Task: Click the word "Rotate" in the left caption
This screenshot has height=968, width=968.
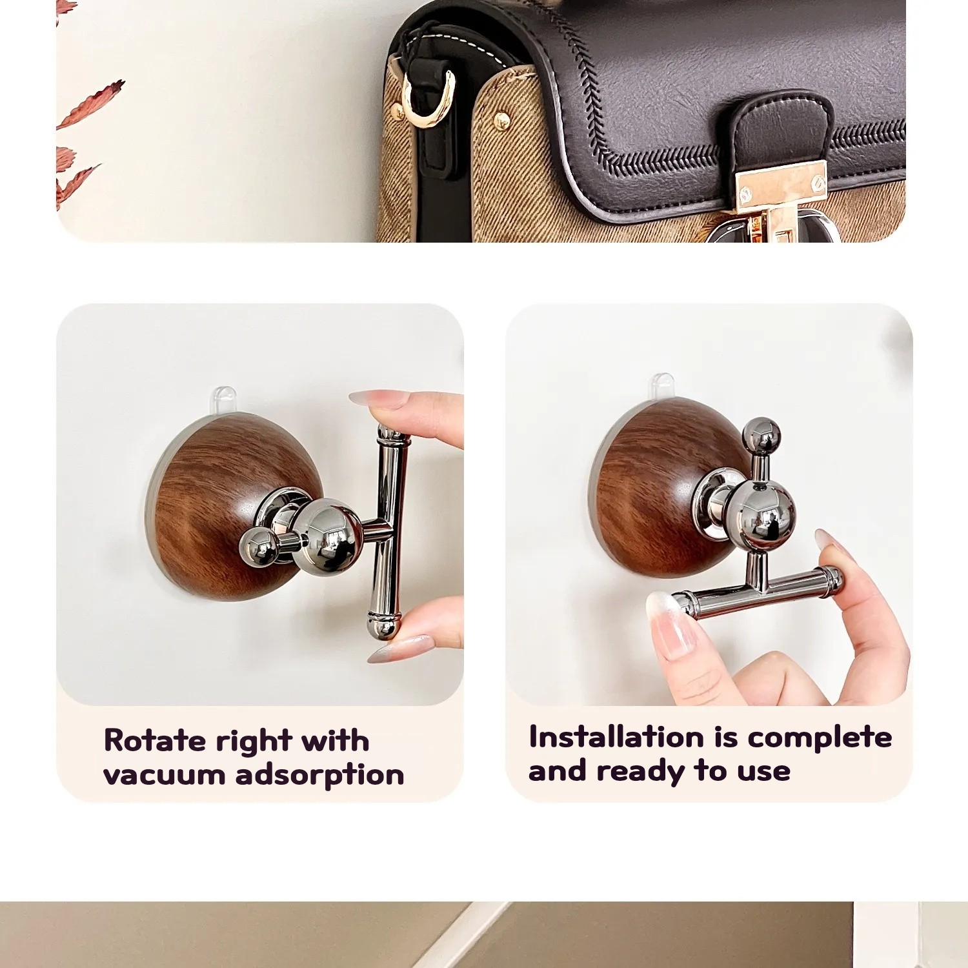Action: [154, 740]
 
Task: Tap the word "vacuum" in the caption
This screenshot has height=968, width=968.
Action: [164, 774]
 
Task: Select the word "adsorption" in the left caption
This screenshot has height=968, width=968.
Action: [320, 774]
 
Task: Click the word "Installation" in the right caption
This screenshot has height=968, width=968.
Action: [616, 737]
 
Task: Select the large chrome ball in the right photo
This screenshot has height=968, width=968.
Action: [761, 514]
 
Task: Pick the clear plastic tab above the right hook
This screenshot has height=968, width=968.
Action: [661, 386]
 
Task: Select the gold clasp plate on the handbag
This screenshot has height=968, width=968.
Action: [781, 188]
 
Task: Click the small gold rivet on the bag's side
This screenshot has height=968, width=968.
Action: [501, 119]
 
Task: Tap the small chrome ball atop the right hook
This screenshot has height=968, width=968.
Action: [761, 436]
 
